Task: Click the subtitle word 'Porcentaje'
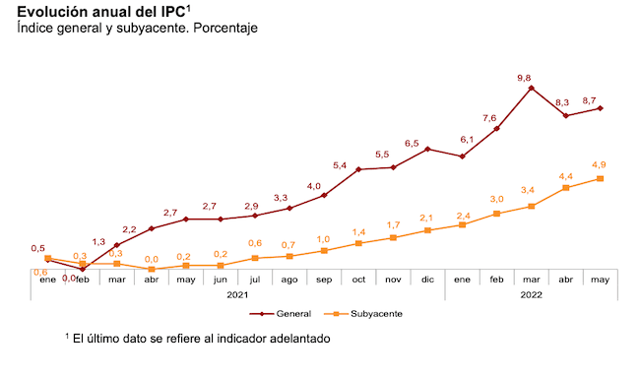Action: pos(224,29)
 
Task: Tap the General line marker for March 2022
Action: pos(532,88)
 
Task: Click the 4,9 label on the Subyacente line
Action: pos(598,163)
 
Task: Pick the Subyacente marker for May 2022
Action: pos(601,178)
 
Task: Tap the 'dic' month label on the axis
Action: pos(427,281)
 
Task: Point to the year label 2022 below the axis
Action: pos(531,295)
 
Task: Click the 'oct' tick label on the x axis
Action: pos(358,281)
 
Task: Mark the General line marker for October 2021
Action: pos(358,169)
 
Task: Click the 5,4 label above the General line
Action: pos(341,164)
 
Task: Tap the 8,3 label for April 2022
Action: pos(562,102)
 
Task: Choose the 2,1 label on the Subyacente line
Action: pos(426,218)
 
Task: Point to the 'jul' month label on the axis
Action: pos(255,281)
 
